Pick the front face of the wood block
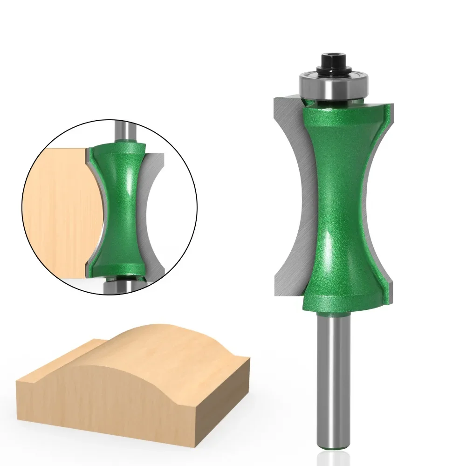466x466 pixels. [107, 401]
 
